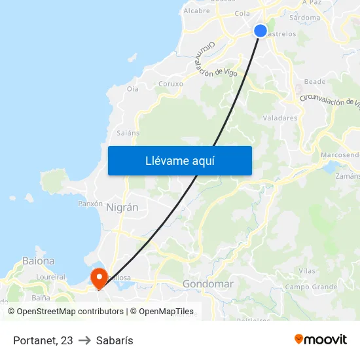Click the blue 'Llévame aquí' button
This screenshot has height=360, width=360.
[179, 160]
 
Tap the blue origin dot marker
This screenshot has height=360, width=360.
[261, 31]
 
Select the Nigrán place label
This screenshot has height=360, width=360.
[122, 207]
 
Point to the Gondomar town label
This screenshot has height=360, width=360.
[208, 284]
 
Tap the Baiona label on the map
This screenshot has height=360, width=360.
[39, 261]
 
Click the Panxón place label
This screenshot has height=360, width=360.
[90, 204]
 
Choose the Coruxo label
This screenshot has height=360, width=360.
[171, 84]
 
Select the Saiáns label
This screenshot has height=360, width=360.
[128, 133]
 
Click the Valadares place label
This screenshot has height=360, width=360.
[279, 118]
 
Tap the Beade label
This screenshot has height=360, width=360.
[315, 82]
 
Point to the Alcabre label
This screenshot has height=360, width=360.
[196, 10]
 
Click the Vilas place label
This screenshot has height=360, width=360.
[306, 271]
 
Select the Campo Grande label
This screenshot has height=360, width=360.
[311, 287]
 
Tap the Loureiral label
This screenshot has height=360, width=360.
[51, 278]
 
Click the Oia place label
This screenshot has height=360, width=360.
[132, 88]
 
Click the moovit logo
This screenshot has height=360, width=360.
[320, 339]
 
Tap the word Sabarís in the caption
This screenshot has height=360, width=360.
[115, 340]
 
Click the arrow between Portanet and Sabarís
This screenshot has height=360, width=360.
[84, 340]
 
